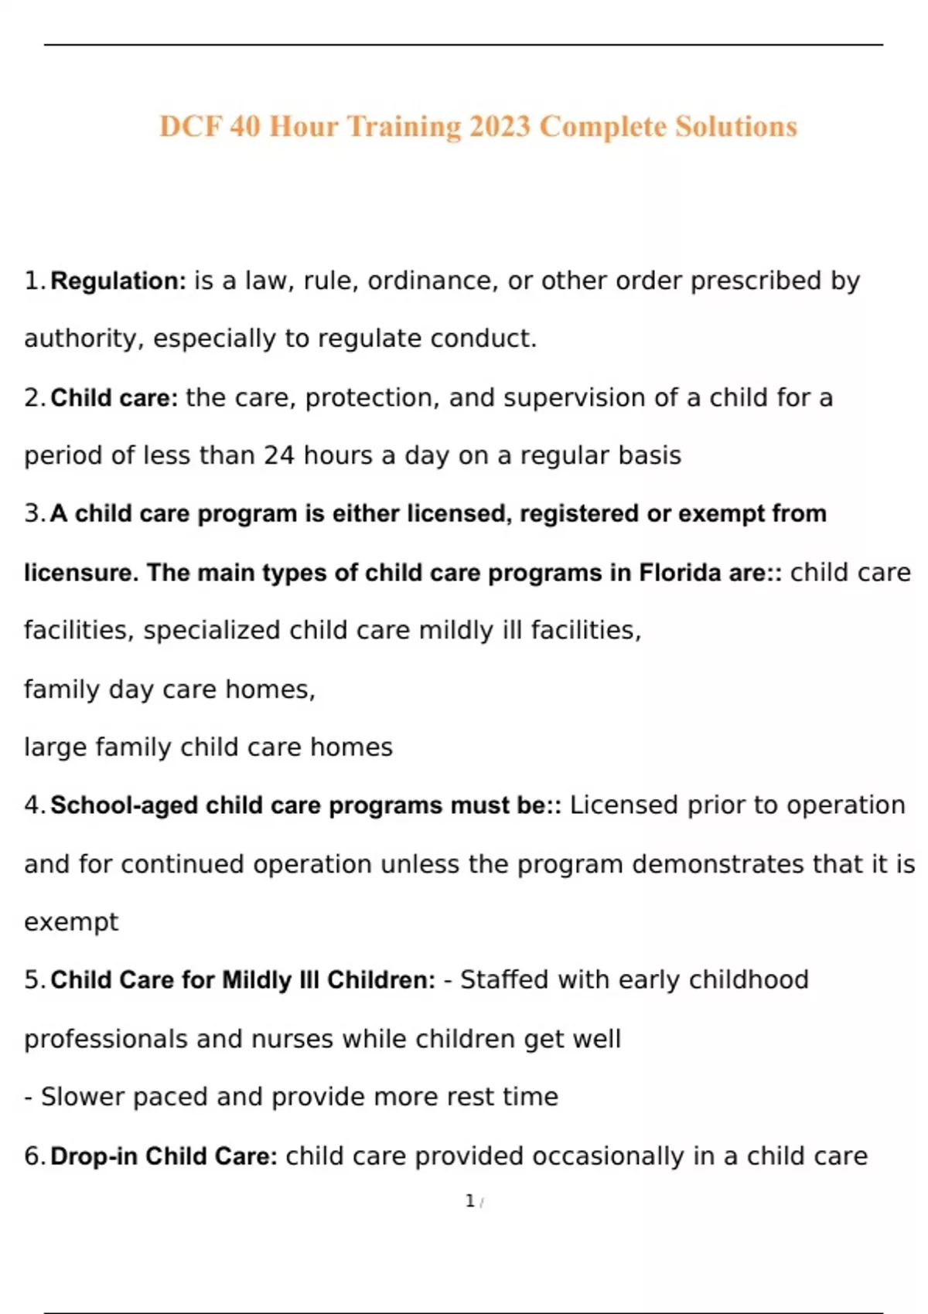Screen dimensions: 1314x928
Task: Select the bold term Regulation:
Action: pyautogui.click(x=118, y=281)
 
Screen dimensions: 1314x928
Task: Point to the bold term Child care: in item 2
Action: pyautogui.click(x=114, y=398)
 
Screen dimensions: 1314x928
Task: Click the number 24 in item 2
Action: pyautogui.click(x=279, y=456)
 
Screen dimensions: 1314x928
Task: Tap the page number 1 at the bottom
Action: pyautogui.click(x=469, y=1201)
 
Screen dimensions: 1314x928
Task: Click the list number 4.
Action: pyautogui.click(x=32, y=805)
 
